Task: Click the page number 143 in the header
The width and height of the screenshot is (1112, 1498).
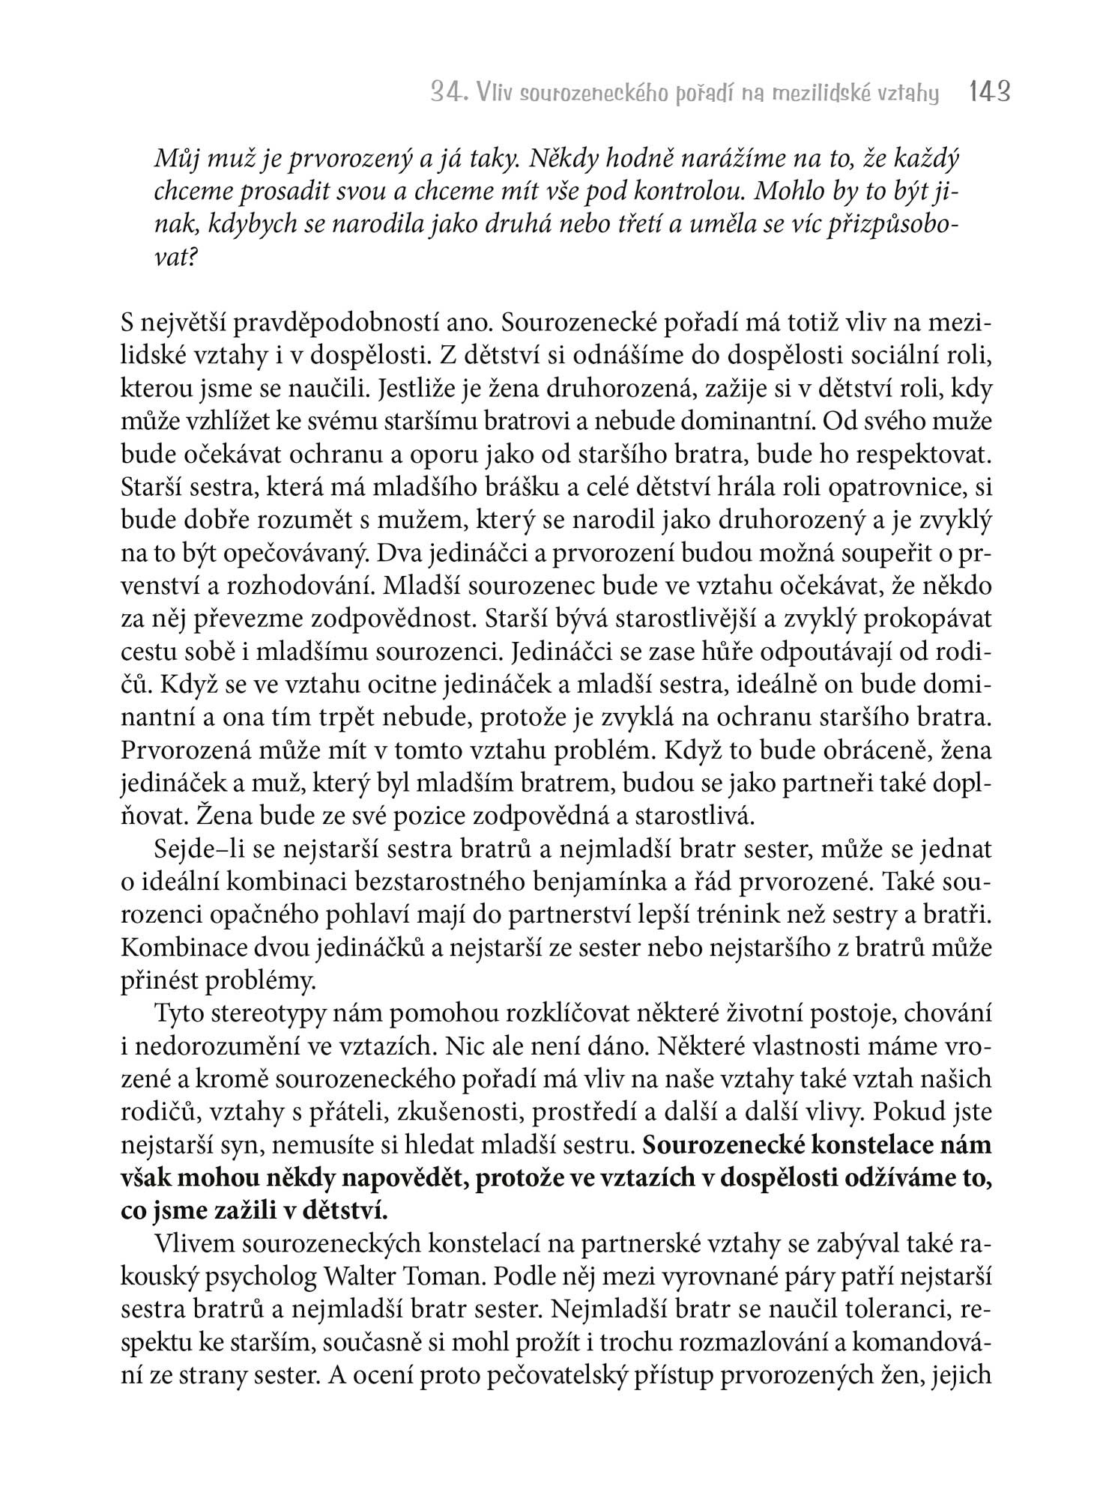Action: click(x=990, y=92)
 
